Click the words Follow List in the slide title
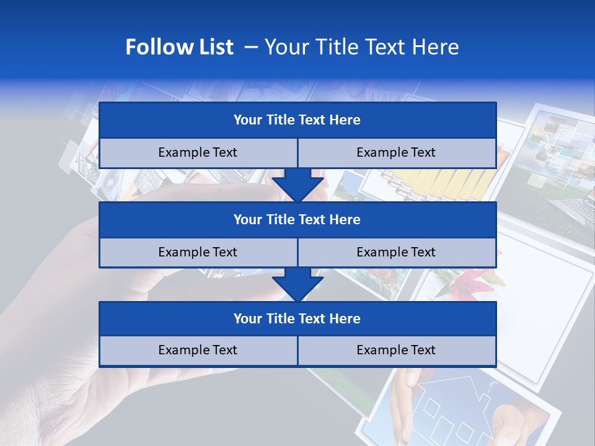tap(179, 47)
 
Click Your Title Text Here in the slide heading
tap(361, 47)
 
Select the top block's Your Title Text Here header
tap(297, 120)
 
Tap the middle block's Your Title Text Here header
tap(297, 219)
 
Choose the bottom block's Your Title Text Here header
tap(297, 318)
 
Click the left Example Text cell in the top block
tap(198, 152)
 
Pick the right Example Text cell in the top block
tap(396, 152)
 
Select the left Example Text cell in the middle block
tap(198, 252)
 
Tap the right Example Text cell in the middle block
tap(396, 252)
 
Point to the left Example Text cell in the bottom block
tap(198, 350)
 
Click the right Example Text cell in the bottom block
tap(396, 350)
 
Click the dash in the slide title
tap(251, 47)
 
